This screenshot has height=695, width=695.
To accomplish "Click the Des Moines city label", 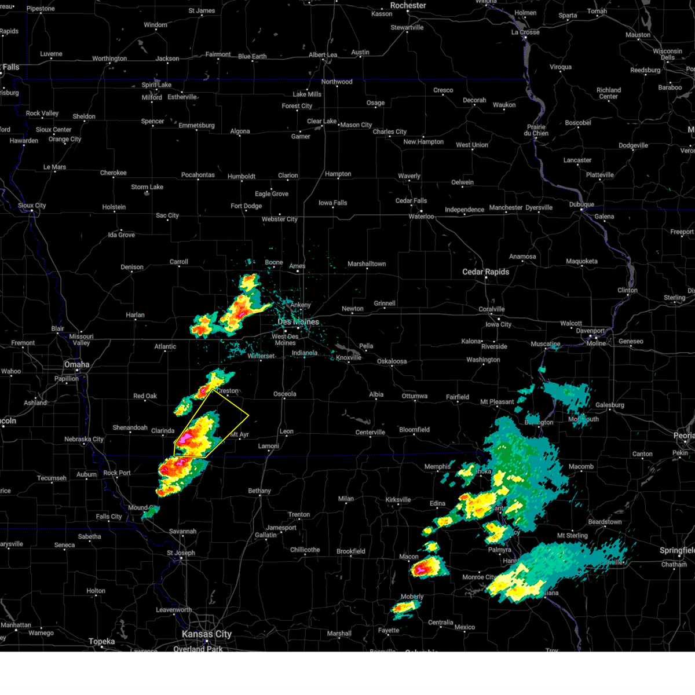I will coord(298,322).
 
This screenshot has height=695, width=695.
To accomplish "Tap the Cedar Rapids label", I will coord(485,272).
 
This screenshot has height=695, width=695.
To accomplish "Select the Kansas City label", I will coord(207,634).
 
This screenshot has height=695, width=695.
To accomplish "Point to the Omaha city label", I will coord(77,364).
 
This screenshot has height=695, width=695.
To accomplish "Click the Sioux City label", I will coord(32,206).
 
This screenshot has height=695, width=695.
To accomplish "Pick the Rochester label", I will coord(408,5).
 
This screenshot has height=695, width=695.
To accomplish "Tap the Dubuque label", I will coord(581,204).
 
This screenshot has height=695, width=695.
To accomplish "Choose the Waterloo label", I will coord(421,217).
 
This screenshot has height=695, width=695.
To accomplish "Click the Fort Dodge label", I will coord(246,206).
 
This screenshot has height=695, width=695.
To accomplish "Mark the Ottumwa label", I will coord(414,396).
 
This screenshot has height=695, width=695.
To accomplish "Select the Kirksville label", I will coord(398,500).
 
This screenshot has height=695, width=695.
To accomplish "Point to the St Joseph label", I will coord(181,553).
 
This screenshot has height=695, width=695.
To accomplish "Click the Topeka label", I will coord(101,642).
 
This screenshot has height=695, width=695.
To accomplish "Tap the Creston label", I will coord(228,391).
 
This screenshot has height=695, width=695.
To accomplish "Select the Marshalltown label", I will coord(367,264).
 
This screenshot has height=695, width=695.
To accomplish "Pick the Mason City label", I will coord(356,125).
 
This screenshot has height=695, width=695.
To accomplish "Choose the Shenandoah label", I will coord(130,427).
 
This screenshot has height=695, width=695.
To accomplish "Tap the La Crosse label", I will coord(525,32).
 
